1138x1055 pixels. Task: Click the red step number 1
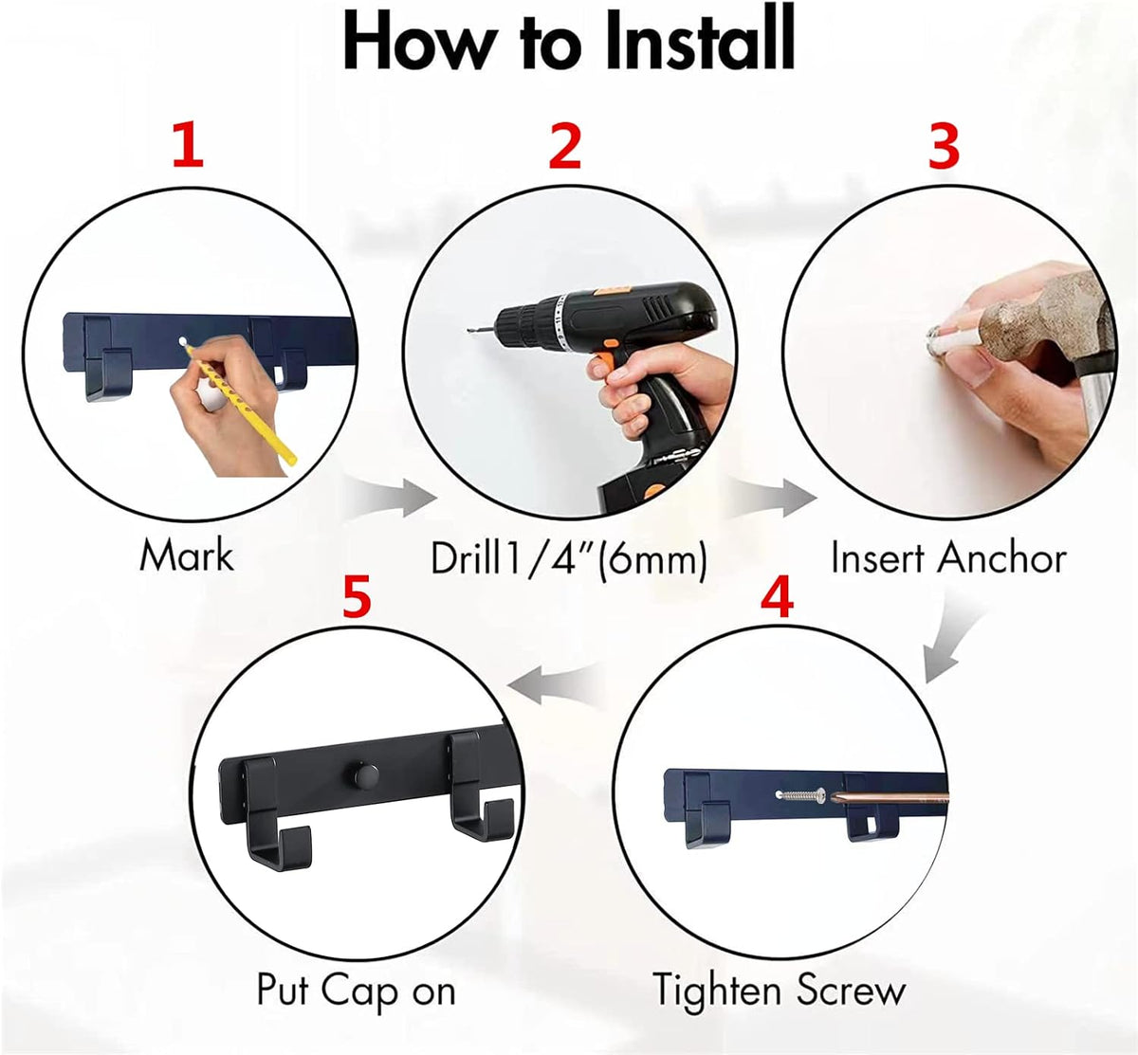click(x=189, y=147)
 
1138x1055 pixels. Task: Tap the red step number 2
click(x=565, y=147)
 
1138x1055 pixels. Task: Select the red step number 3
click(x=944, y=147)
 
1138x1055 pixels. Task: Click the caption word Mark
click(x=187, y=555)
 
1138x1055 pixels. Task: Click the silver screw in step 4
click(x=801, y=794)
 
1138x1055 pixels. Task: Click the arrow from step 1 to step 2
click(x=392, y=497)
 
